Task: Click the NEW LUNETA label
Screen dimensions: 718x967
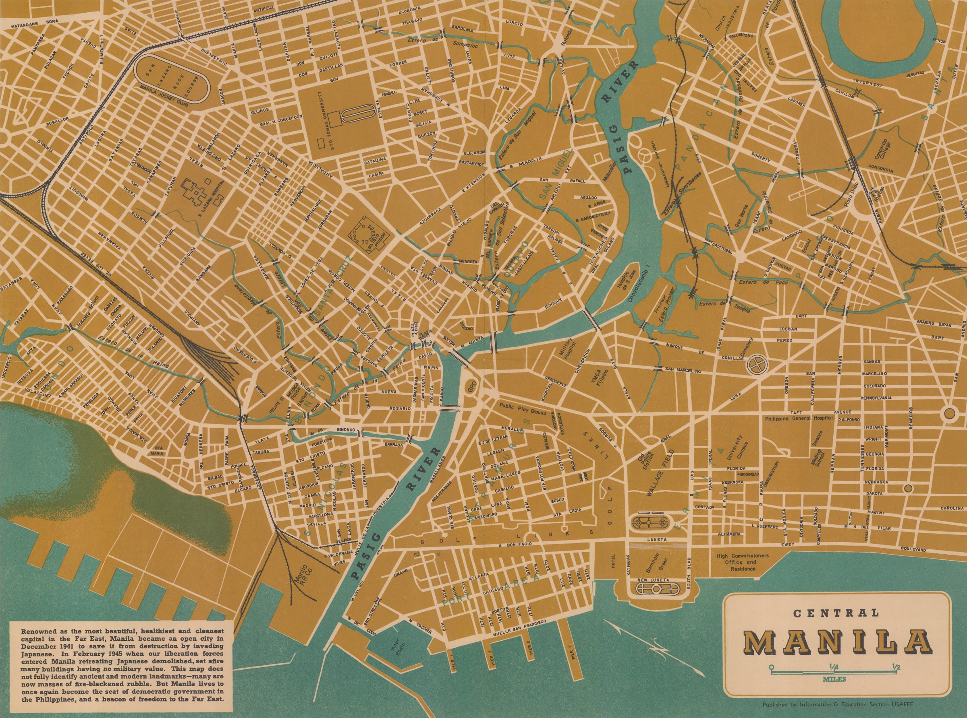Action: (657, 580)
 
